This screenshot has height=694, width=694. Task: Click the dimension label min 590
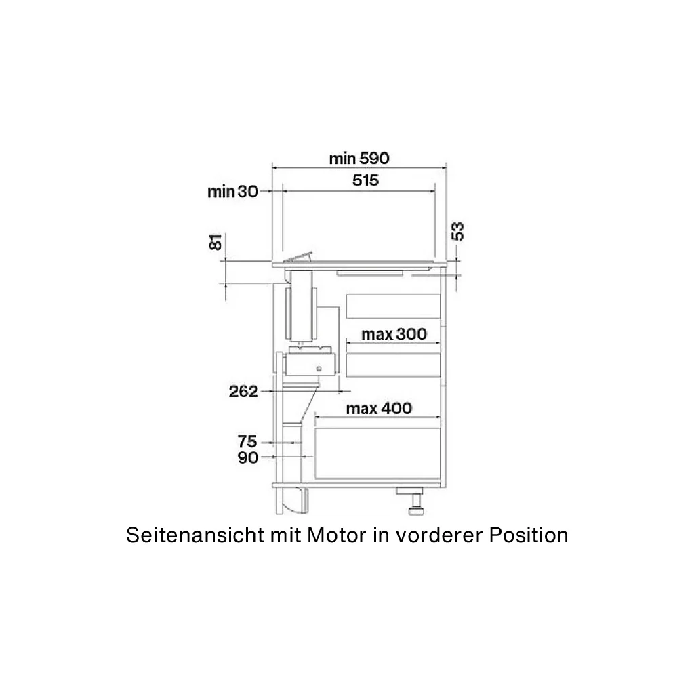359,158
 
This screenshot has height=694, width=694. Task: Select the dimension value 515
365,180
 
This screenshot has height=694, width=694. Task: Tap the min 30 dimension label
233,192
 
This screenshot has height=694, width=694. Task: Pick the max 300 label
394,334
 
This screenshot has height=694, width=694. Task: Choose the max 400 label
379,408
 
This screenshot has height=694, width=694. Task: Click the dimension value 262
243,391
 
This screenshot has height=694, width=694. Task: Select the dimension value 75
247,441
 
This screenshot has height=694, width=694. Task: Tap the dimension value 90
248,457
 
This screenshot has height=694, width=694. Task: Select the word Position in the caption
529,535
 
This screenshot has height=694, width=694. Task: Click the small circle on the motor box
319,369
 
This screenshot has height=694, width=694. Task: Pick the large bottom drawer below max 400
377,453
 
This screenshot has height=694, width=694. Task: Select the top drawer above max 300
393,306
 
